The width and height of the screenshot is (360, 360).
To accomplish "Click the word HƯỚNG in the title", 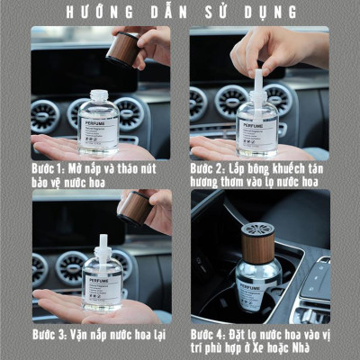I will [x=93, y=13].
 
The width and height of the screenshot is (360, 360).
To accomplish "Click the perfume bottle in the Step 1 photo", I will [x=98, y=124].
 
